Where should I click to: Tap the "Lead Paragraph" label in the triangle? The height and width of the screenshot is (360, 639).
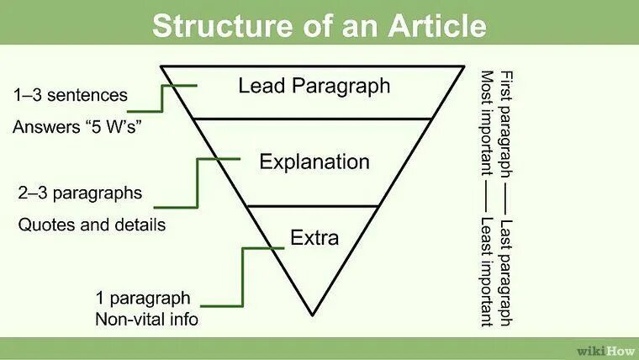coord(314,86)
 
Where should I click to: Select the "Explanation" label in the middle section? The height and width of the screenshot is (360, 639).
coord(314,161)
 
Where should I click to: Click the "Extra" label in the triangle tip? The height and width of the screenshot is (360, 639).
coord(314,238)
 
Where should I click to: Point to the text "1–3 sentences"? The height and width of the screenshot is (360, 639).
coord(70,95)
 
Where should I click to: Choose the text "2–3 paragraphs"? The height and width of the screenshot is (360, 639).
coord(80,193)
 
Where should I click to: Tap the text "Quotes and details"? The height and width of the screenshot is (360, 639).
coord(92,225)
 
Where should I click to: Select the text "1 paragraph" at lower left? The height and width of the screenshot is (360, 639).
coord(143,298)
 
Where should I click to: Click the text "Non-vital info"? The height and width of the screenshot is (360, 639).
coord(147,319)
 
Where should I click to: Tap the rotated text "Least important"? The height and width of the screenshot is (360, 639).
coord(486,271)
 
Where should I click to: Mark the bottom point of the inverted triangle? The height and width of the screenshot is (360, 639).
coord(312,315)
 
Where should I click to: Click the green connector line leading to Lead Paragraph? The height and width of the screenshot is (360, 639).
coord(161,98)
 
